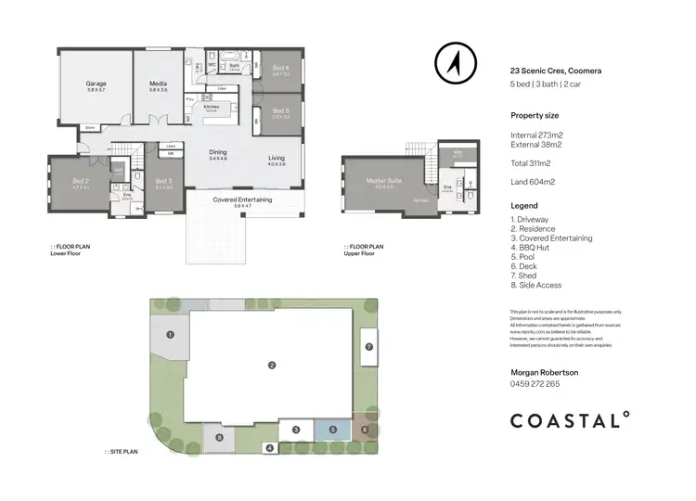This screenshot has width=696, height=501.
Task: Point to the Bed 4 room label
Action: click(280, 69)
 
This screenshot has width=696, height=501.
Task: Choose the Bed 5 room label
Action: click(280, 112)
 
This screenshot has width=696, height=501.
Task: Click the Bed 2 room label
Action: click(80, 183)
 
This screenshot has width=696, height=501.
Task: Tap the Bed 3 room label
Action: click(163, 183)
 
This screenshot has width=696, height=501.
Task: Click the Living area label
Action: click(277, 159)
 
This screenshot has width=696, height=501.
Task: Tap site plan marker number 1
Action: click(171, 334)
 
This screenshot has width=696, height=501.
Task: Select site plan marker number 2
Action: click(271, 365)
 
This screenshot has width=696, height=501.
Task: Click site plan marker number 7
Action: click(368, 346)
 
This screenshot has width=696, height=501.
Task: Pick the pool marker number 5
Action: click(332, 430)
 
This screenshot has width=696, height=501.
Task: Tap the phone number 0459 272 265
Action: click(535, 383)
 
